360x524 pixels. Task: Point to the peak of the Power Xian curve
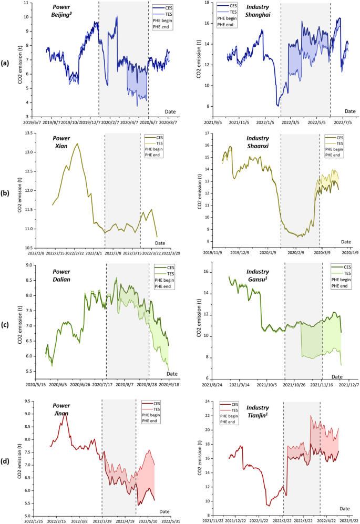(77, 143)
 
